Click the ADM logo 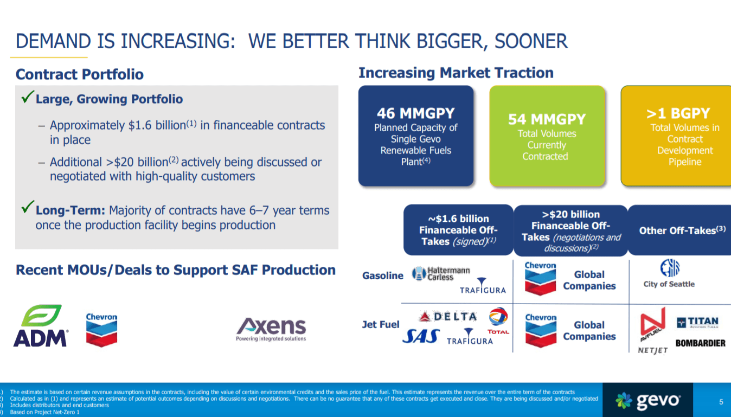click(x=41, y=326)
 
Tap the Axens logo click(x=271, y=330)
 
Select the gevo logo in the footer click(x=648, y=401)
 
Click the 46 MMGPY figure click(x=416, y=113)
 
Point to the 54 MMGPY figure click(x=547, y=119)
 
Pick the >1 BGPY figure click(x=678, y=113)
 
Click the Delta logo click(x=448, y=316)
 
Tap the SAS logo click(x=421, y=336)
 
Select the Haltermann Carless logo click(x=440, y=273)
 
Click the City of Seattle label click(x=669, y=284)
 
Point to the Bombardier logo click(x=700, y=343)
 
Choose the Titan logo click(x=698, y=323)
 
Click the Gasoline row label click(x=383, y=275)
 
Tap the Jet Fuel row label click(x=381, y=325)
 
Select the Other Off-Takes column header click(x=682, y=230)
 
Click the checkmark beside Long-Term click(x=28, y=207)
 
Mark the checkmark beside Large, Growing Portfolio click(x=28, y=97)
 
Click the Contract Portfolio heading click(x=80, y=74)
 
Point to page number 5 click(x=721, y=402)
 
